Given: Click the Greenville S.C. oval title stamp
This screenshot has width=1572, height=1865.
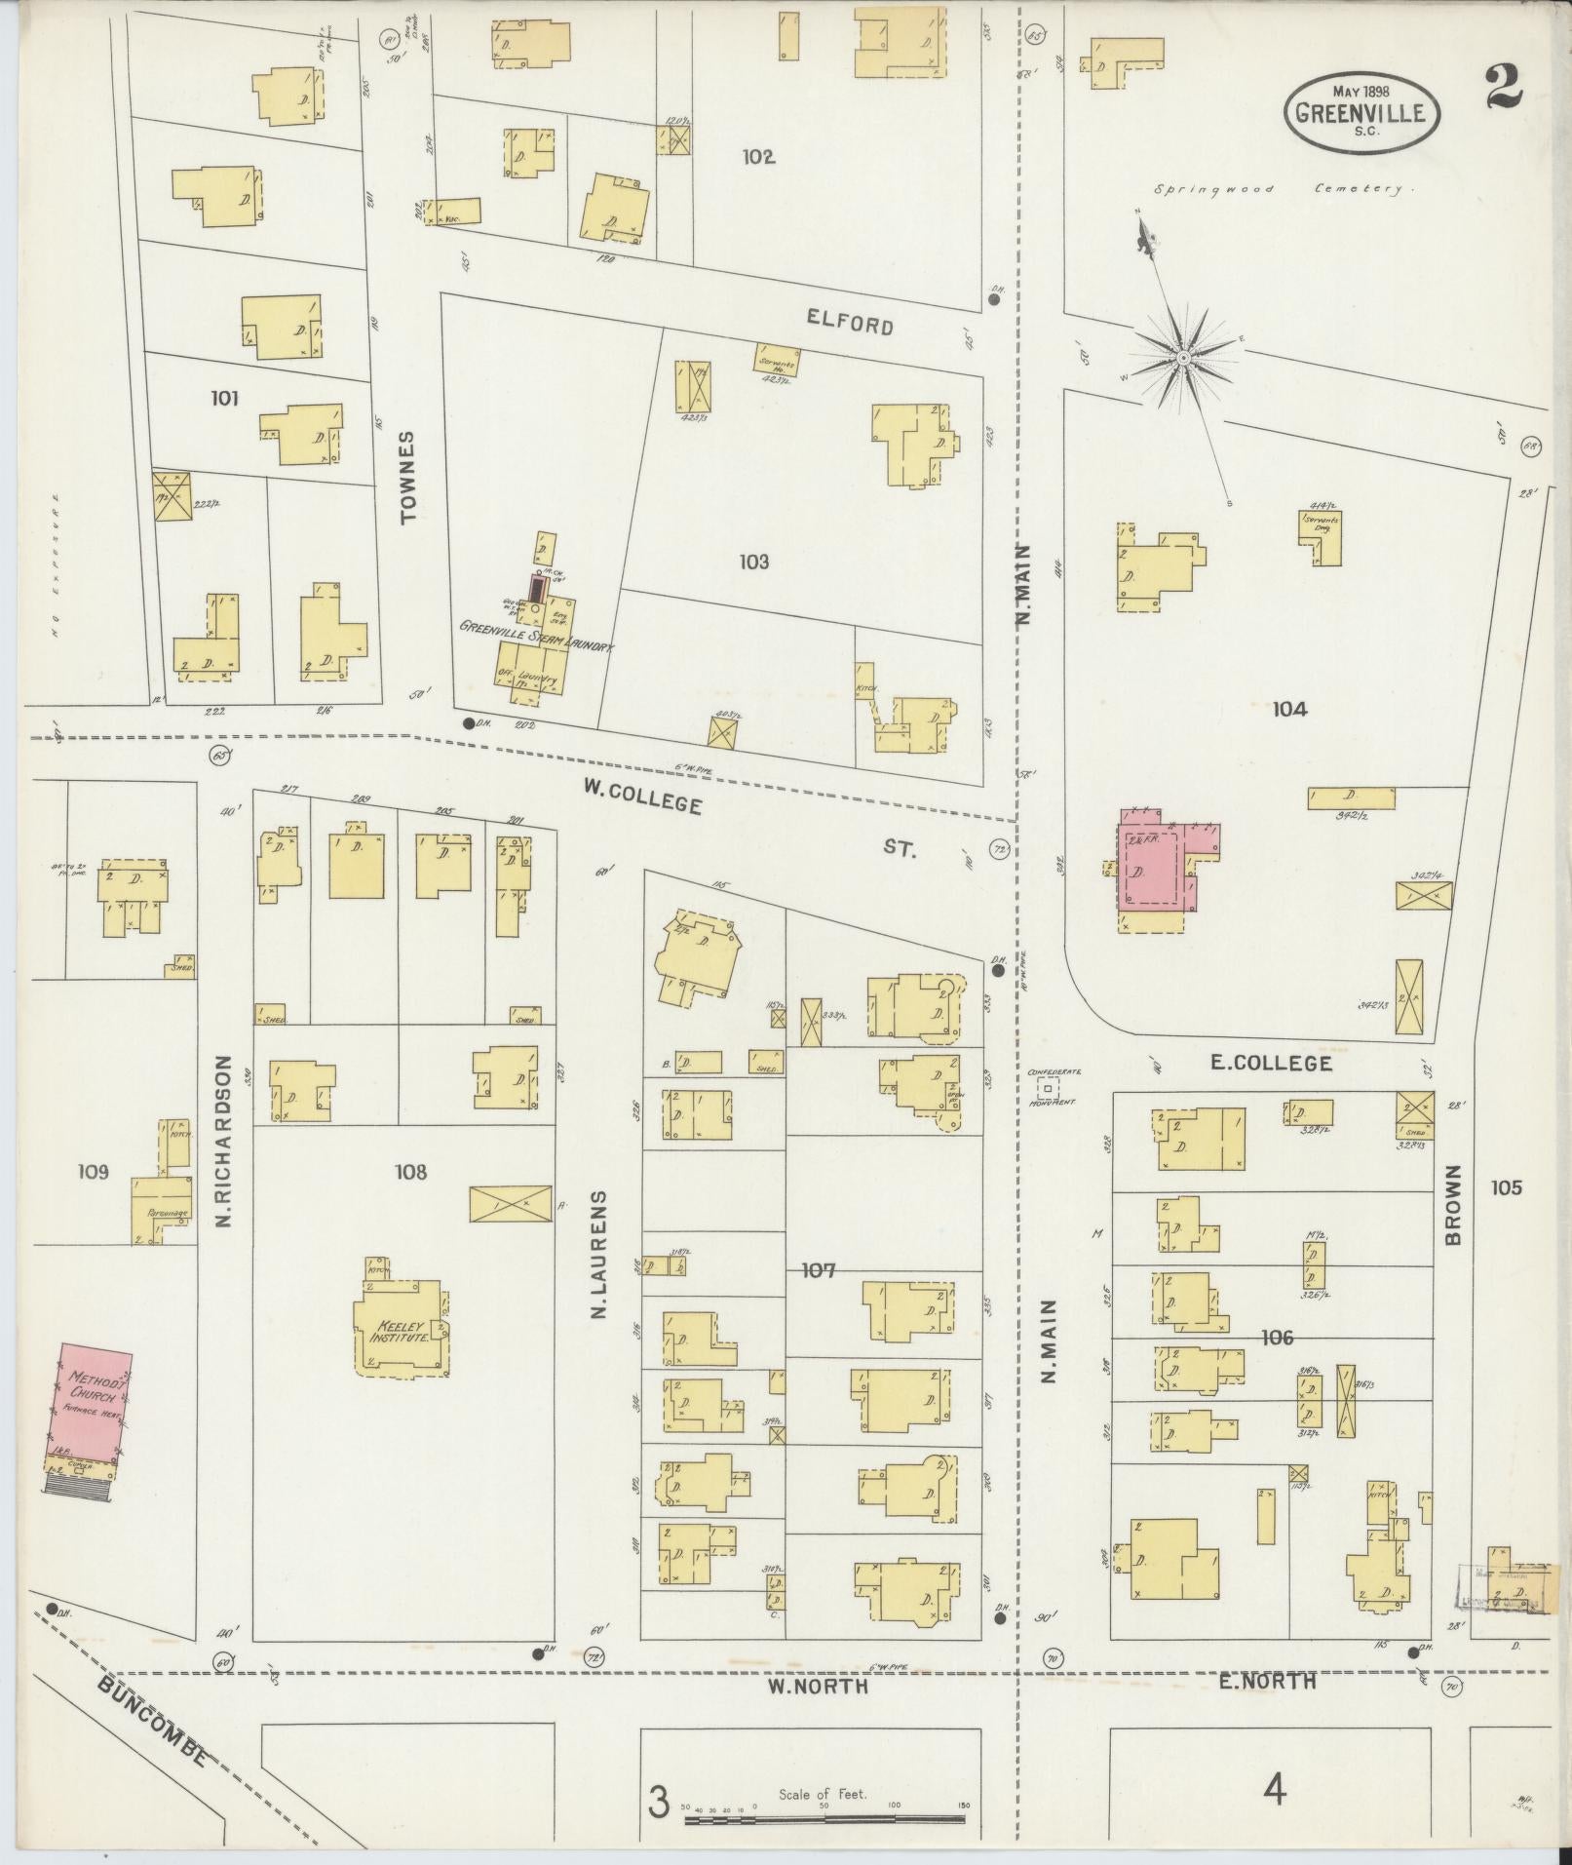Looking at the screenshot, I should [1361, 113].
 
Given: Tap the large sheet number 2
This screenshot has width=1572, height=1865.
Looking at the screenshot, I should [1507, 87].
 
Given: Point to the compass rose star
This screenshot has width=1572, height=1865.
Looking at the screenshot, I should [1183, 360].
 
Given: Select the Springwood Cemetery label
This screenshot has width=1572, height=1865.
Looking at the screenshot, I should [1281, 189].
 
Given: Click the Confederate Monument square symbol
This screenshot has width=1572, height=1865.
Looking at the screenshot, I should [1048, 1085].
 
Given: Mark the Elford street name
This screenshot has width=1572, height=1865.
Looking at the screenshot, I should [849, 323].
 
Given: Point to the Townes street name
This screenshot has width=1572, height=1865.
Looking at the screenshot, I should [407, 477].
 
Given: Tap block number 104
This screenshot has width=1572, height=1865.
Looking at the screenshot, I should [1288, 709].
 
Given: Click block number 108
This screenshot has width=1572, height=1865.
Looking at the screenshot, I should [410, 1172].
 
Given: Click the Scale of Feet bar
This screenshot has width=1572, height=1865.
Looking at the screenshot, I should [824, 1817].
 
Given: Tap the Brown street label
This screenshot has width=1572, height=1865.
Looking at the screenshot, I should [1453, 1205].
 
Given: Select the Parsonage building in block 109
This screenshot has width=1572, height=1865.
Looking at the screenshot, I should [162, 1209].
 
